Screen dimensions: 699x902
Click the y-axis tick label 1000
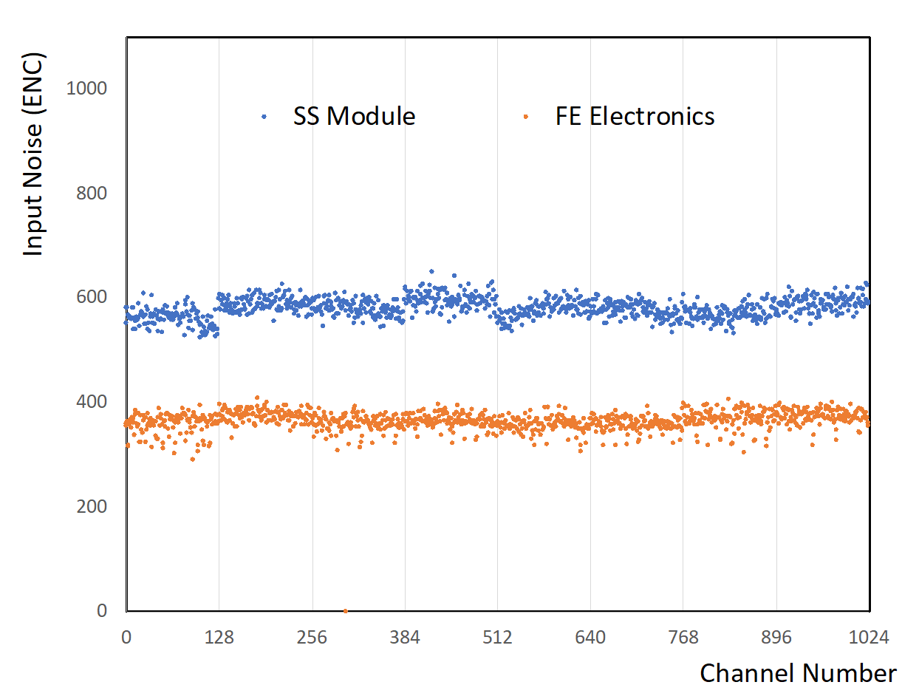(86, 89)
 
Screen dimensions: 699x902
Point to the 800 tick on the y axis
(92, 194)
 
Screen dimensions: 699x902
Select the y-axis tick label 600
(92, 298)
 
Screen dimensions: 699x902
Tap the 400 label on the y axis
(92, 402)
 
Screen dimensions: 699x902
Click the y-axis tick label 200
(92, 507)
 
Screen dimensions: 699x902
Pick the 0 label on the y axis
(102, 611)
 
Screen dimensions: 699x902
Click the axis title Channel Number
(798, 673)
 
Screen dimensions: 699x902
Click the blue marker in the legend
(264, 117)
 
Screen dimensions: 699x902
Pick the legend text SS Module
(354, 117)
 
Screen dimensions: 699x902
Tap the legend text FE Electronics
(635, 117)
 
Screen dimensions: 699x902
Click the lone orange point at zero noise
(345, 611)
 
